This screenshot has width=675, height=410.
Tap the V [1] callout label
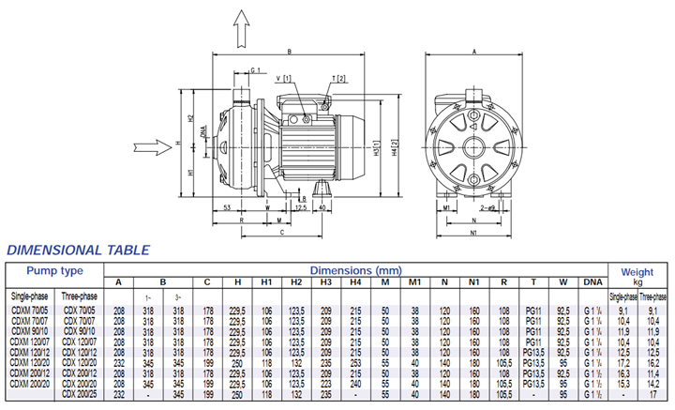tap(284, 79)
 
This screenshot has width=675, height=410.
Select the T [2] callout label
tap(338, 78)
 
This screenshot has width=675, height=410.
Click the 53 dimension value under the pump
tap(227, 207)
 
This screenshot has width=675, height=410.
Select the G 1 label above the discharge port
tap(257, 70)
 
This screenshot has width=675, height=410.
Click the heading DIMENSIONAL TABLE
tap(78, 251)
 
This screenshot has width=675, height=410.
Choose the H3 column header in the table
tap(326, 282)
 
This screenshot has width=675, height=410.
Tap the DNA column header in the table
tap(592, 282)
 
